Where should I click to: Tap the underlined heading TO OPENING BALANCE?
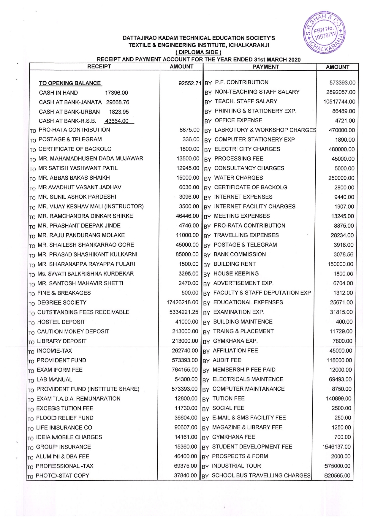point(70,83)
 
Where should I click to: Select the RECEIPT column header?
point(99,67)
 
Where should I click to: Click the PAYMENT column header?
point(265,67)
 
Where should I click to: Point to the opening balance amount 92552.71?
point(190,83)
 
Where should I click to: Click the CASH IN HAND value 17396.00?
point(116,93)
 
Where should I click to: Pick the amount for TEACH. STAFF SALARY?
point(339,102)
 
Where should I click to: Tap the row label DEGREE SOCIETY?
point(62,303)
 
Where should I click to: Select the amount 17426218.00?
point(182,303)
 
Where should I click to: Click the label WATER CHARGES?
point(238,178)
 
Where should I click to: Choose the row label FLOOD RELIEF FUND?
point(65,418)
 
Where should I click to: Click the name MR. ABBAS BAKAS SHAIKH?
point(74,178)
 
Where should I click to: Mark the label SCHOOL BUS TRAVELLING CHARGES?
point(261,475)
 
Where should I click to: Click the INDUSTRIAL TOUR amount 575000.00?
point(337,466)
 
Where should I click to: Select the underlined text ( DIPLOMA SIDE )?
point(198,53)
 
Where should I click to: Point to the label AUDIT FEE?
point(227,360)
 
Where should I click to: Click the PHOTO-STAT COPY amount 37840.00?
point(185,475)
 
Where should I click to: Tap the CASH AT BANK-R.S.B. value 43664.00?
point(117,121)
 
